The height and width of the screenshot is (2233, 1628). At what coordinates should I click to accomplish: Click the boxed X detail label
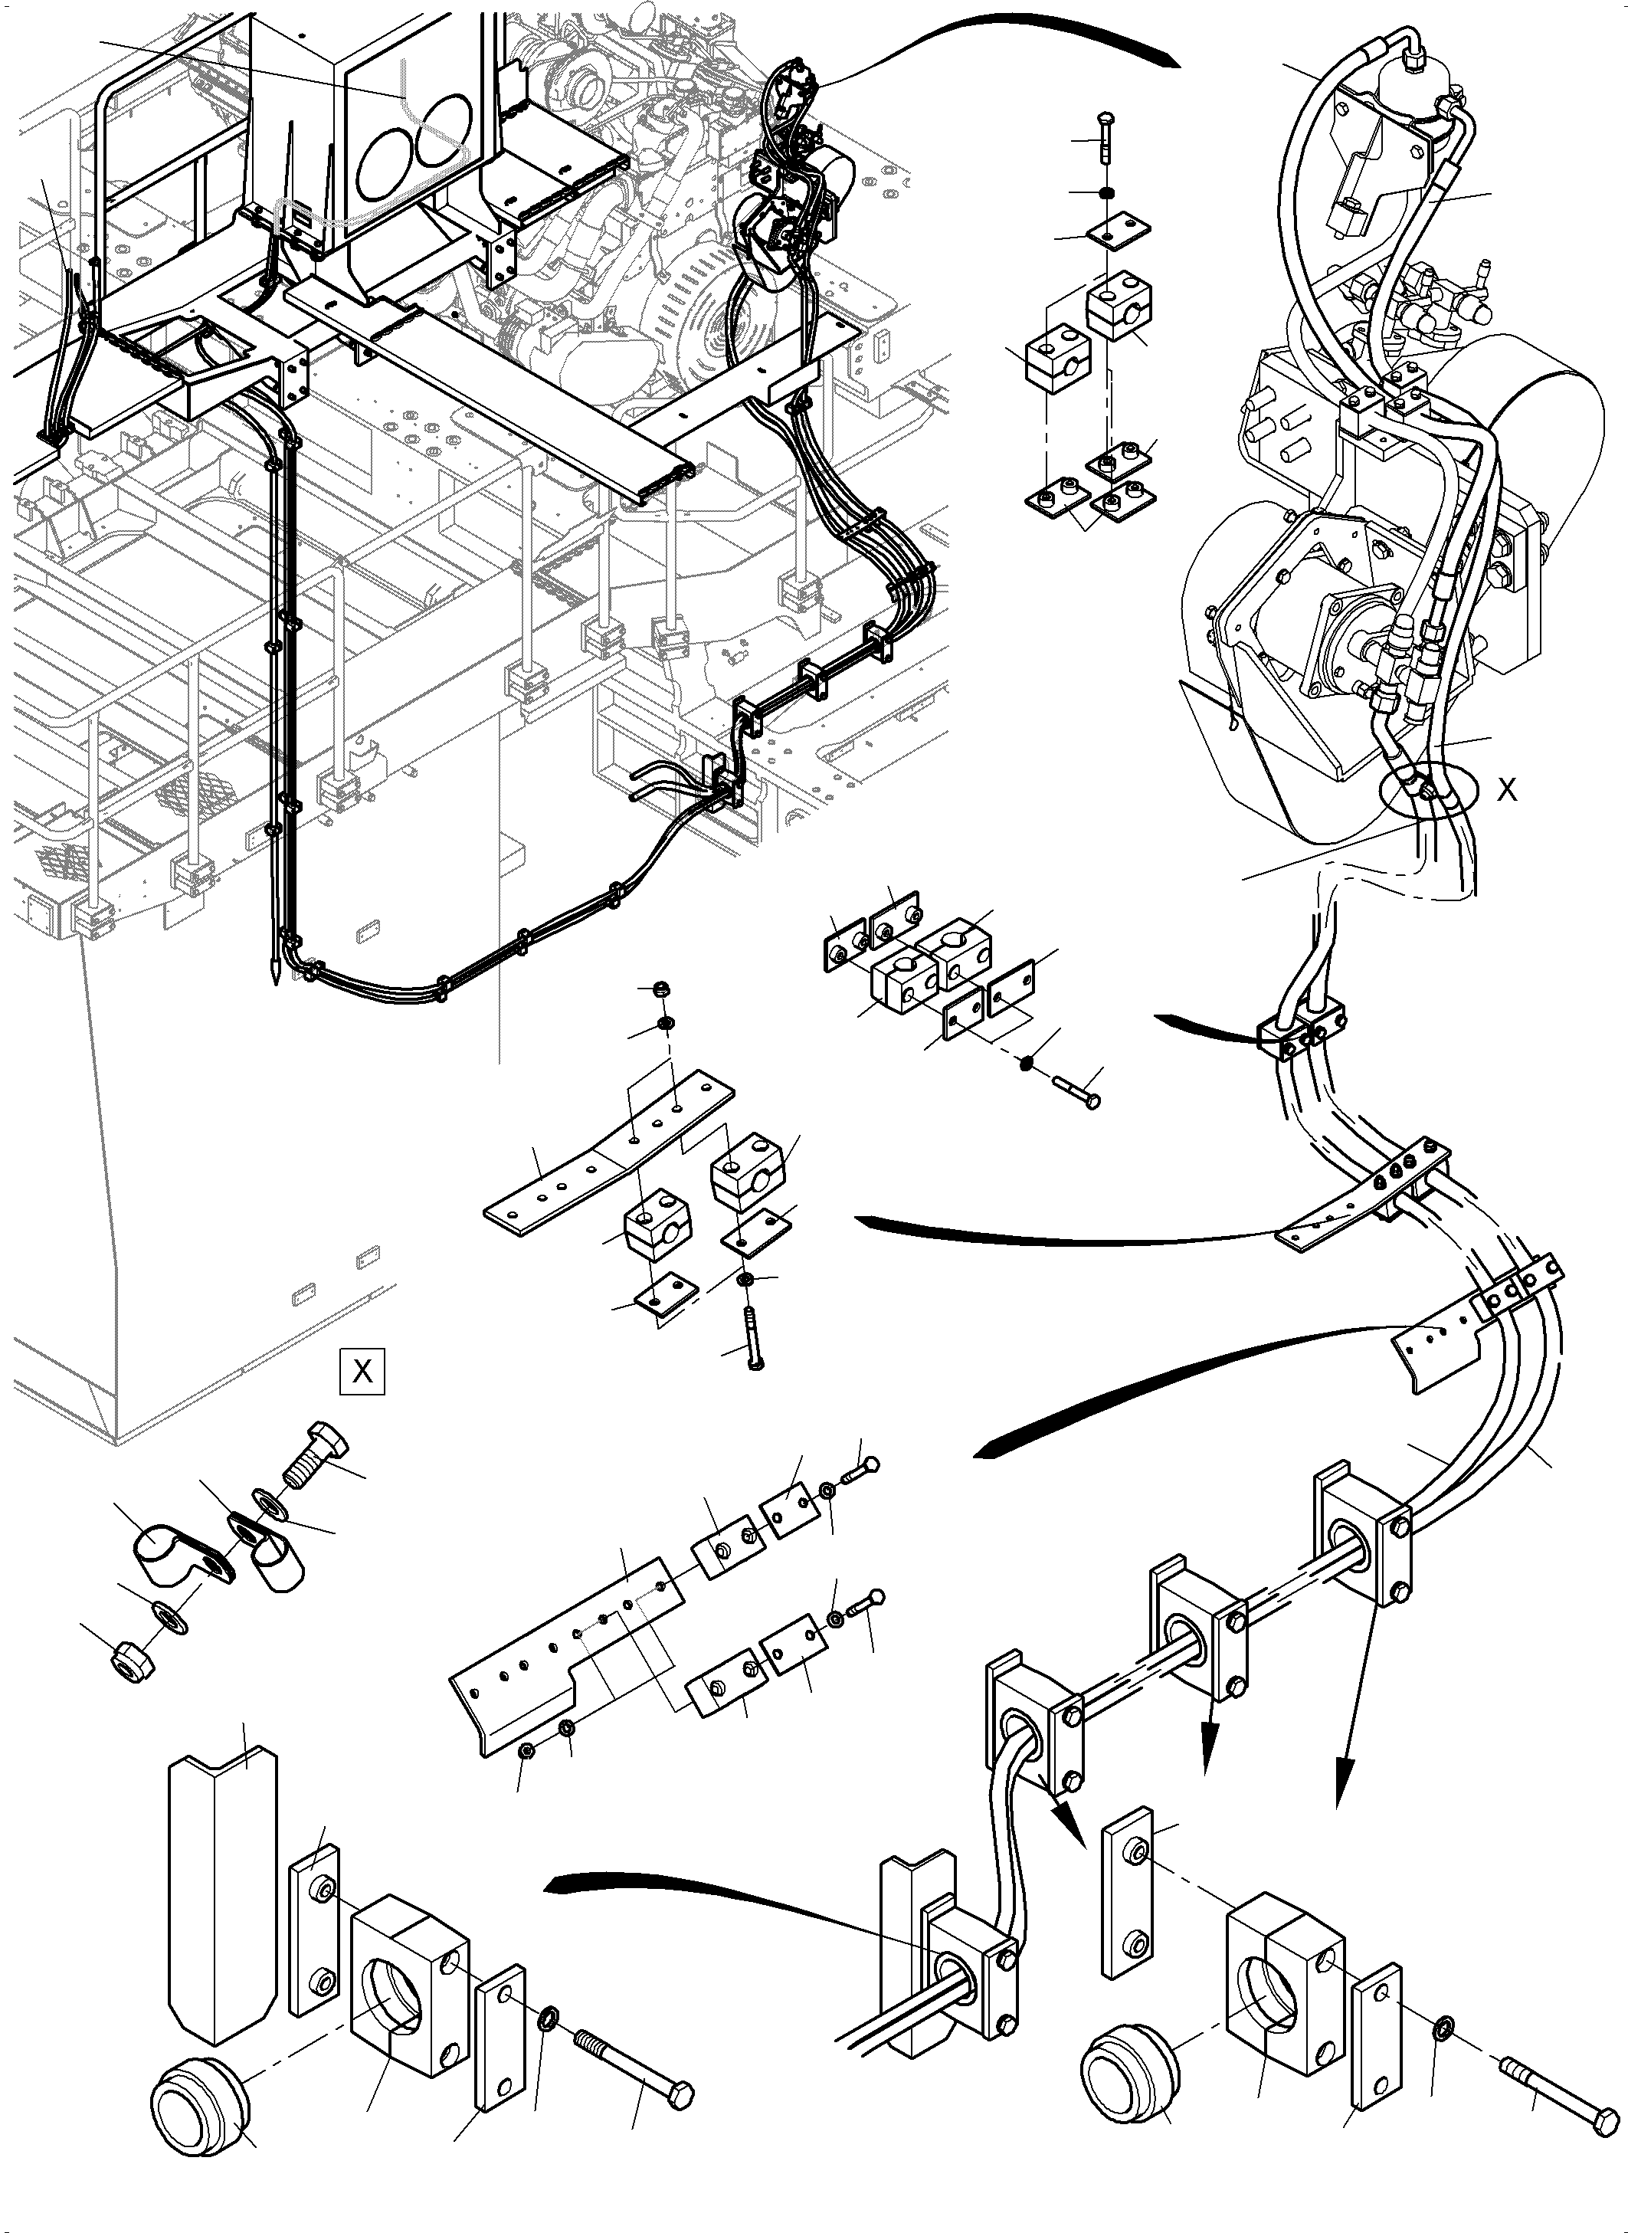point(362,1371)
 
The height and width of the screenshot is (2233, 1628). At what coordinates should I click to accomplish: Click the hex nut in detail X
point(131,1664)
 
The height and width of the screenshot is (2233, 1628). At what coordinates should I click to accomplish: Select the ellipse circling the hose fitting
point(1430,793)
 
